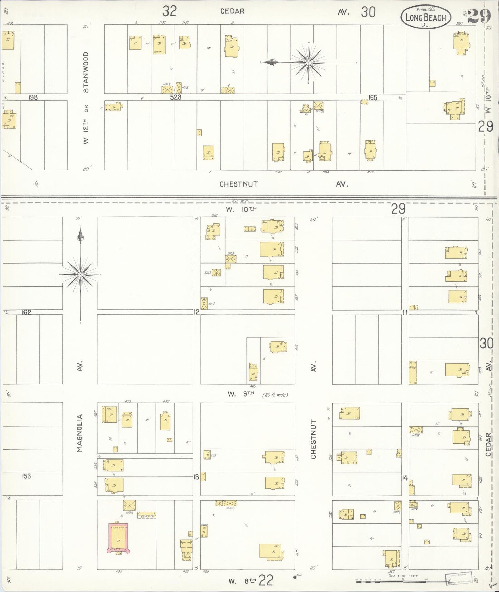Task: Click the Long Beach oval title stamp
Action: [426, 18]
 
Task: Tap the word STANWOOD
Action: [86, 72]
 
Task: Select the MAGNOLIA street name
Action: [80, 433]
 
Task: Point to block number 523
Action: [175, 97]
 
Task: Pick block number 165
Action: [373, 97]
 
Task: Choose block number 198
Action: [33, 97]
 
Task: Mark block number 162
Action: [26, 312]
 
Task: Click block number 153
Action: [26, 476]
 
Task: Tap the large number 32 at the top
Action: [170, 12]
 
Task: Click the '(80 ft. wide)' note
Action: [275, 394]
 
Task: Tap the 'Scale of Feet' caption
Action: [403, 576]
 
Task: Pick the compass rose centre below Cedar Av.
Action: [308, 63]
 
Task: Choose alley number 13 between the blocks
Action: [196, 477]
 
